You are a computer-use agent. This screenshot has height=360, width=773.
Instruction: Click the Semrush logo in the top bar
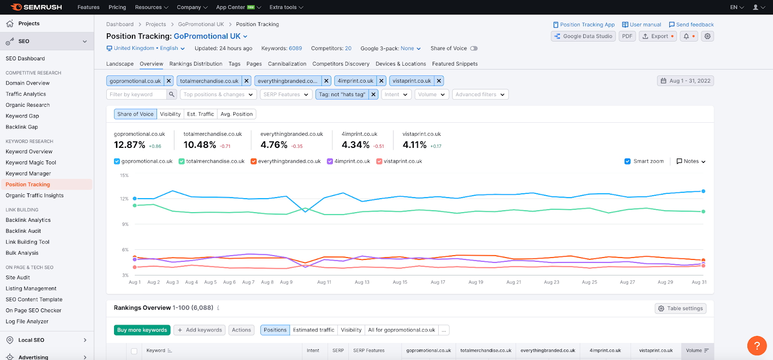pos(36,7)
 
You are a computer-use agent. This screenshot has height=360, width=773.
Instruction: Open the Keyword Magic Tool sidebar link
pos(31,162)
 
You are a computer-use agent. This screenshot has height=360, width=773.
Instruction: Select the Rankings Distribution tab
pos(196,64)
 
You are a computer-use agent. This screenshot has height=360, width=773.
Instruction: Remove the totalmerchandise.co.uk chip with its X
pos(246,81)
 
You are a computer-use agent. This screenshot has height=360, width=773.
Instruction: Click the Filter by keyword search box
pos(137,94)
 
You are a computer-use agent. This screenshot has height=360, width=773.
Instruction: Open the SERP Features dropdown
pos(286,94)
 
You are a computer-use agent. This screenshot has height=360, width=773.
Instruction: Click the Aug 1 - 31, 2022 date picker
pos(686,81)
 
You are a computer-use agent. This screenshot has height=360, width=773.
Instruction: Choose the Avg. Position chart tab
pos(236,114)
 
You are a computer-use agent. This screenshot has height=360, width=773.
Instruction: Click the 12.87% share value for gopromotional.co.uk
pos(129,144)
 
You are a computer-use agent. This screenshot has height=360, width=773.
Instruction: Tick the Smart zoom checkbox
pos(628,161)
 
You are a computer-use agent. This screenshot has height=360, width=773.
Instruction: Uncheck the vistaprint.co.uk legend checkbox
pos(379,161)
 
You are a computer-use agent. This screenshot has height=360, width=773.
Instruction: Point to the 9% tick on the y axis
pos(125,224)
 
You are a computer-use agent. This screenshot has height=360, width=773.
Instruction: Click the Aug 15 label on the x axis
pos(400,282)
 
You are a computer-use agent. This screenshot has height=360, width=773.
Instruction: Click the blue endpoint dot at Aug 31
pos(703,191)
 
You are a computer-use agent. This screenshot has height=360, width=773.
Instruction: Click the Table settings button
pos(681,308)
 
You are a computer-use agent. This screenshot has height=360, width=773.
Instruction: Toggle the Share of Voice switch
pos(474,48)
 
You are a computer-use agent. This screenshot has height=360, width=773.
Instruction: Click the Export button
pos(658,36)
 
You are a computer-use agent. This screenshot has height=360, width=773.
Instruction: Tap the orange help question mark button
pos(757,346)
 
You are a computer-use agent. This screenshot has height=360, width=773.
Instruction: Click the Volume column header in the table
pos(697,350)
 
